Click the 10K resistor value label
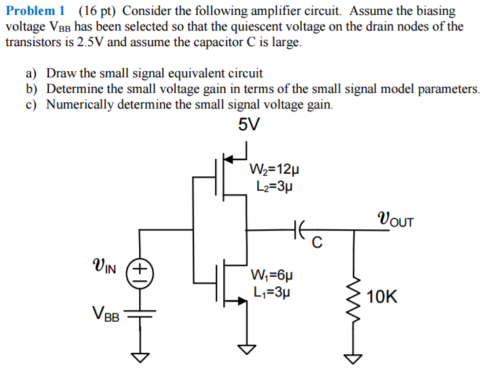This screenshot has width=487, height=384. (x=382, y=296)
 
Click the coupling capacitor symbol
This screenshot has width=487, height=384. (x=299, y=231)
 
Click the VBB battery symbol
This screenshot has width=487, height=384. (x=139, y=314)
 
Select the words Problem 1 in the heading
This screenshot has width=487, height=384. (x=35, y=12)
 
